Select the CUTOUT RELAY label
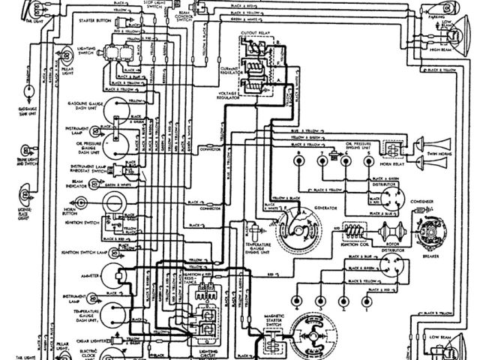pos(258,34)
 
